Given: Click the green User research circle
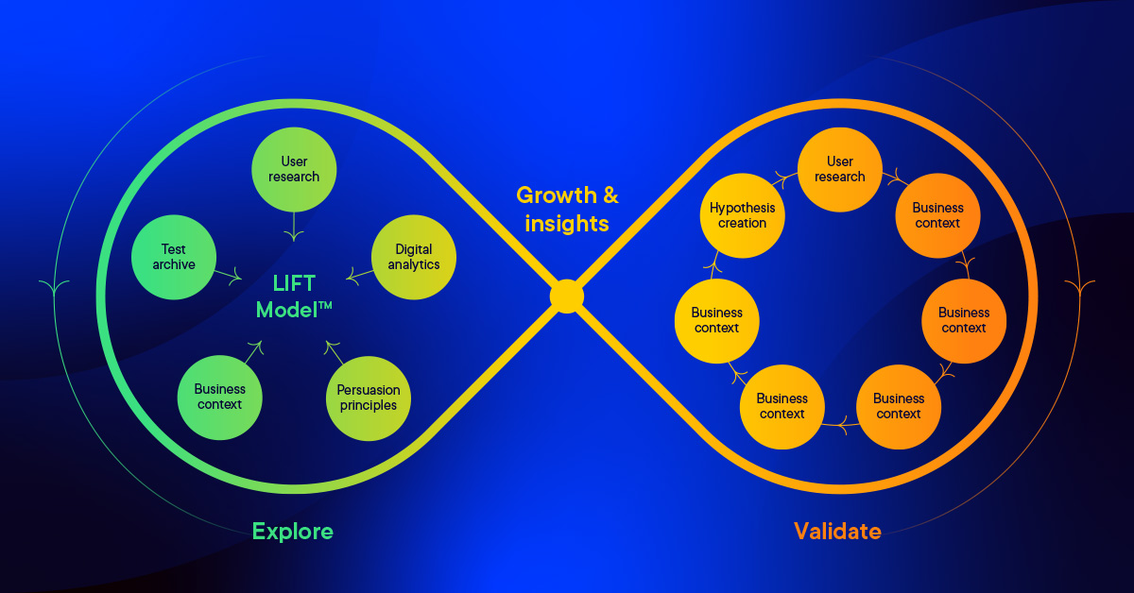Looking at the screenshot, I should coord(294,169).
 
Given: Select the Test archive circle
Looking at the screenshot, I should coord(174,257).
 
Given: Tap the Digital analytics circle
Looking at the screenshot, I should coord(413,257).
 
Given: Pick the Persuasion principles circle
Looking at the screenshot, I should coord(368,398).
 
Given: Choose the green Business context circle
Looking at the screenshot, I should coord(219,397).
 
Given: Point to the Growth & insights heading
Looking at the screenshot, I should coord(567,209).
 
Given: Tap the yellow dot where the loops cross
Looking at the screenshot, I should coord(566,296).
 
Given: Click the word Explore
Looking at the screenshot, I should coord(292,531).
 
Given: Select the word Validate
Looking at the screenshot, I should coord(837,531).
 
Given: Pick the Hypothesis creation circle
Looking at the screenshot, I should coord(742,215).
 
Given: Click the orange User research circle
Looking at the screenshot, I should coord(839,169).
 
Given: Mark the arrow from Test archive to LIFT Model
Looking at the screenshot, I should coord(229,275).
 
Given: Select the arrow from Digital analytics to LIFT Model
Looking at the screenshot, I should coord(358,276).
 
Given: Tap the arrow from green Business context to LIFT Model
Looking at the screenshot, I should coord(253,352).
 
